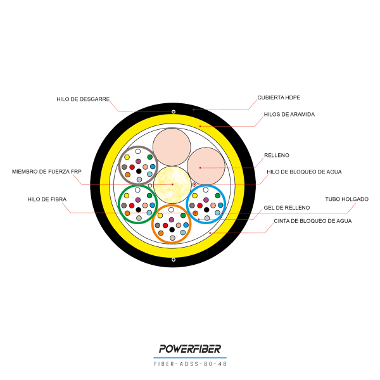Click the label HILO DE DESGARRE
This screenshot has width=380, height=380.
coord(83,99)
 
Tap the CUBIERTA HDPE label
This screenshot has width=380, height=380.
coord(279,98)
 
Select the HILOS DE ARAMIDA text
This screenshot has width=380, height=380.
coord(289,115)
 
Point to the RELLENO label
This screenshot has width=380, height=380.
coord(277,155)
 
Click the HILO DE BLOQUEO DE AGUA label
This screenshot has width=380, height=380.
coord(304,172)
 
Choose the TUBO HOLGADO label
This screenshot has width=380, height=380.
coord(346,199)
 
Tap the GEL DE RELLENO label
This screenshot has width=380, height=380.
coord(287,208)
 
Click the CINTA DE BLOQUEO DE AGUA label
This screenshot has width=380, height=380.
coord(313,221)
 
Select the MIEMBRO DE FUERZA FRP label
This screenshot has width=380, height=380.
coord(47,172)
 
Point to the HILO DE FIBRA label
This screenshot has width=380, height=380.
coord(47,199)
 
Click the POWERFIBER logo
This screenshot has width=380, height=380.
coord(190,349)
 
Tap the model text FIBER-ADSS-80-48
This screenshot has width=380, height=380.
coord(190,364)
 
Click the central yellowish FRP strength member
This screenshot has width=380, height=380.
coord(172,185)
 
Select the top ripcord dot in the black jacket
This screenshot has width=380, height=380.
coord(174,111)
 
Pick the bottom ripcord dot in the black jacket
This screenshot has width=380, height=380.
coord(174,260)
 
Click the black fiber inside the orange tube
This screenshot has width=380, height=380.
coord(172,229)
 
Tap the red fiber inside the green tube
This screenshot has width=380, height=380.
coord(132,206)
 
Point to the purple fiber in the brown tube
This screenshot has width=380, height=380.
coord(138,161)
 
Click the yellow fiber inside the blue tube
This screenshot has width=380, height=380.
coord(195,196)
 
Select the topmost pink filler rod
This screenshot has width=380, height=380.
coord(172,147)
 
